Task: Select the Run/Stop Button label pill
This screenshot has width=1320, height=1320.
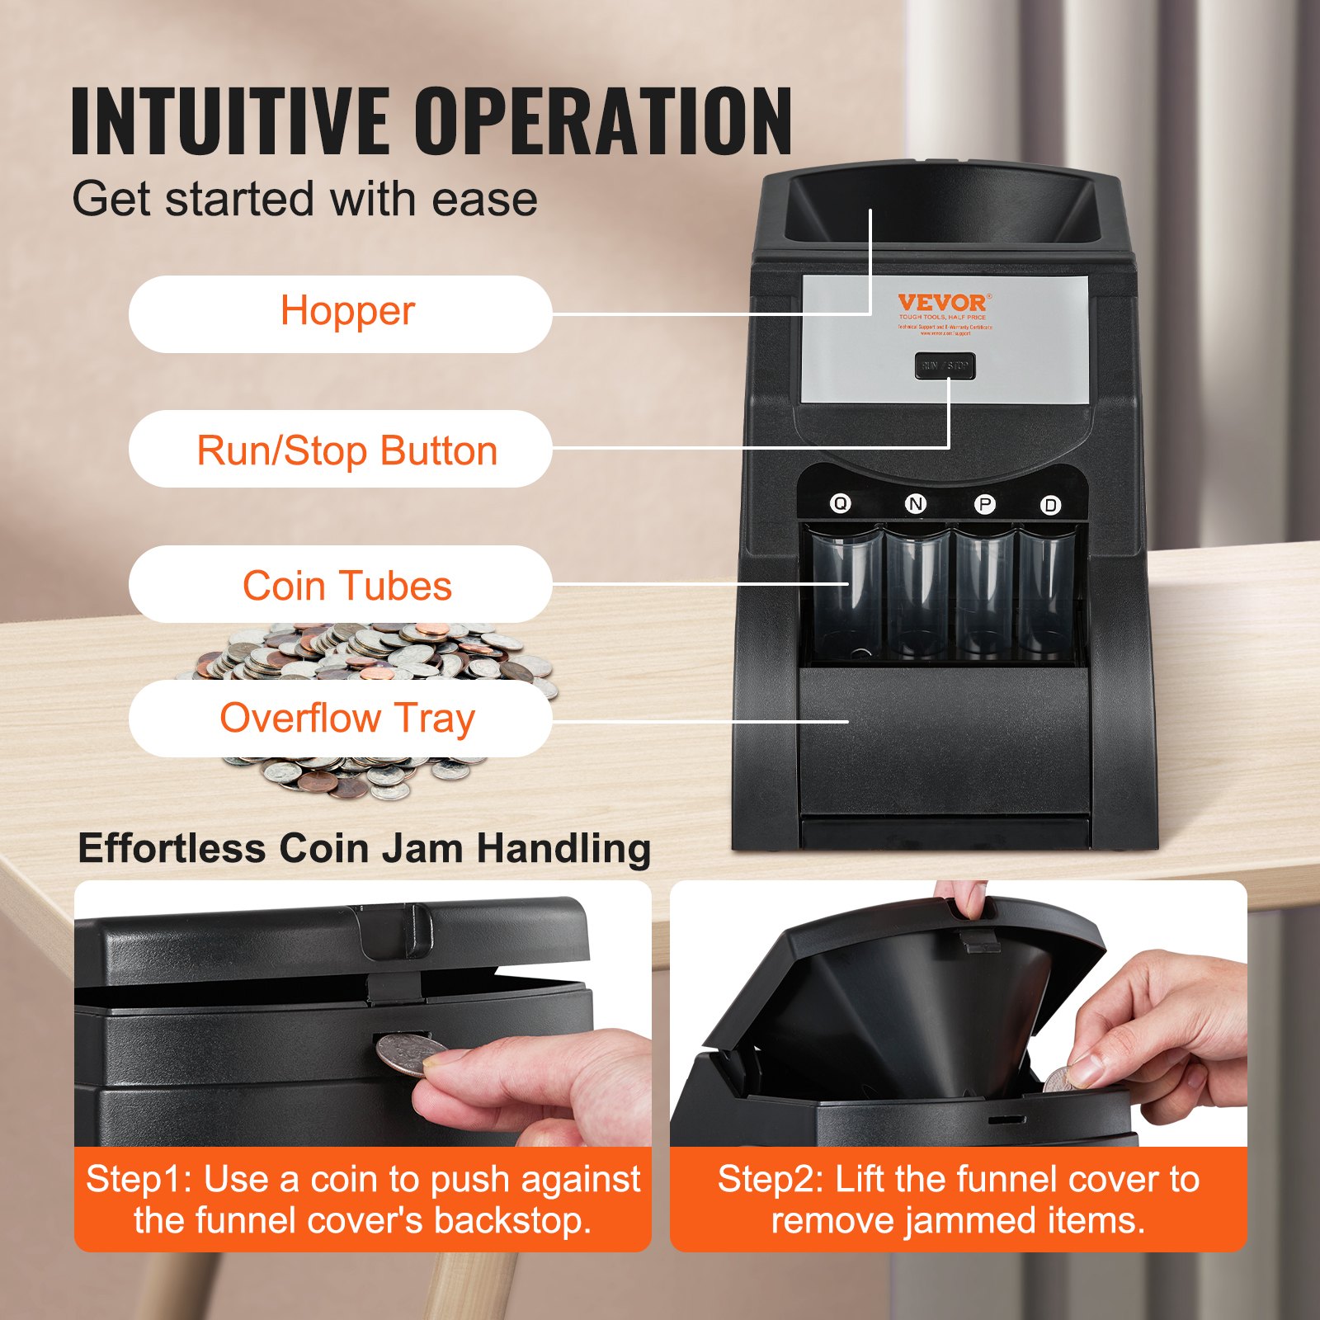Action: [340, 450]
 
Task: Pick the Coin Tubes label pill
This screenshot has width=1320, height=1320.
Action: [340, 585]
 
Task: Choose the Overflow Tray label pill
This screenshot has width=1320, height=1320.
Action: [340, 718]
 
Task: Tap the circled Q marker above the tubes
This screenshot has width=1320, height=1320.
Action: [840, 502]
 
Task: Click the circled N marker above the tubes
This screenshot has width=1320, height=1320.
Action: [915, 503]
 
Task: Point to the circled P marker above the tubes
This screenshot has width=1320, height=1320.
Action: [984, 504]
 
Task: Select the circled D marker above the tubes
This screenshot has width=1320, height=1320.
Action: [1050, 505]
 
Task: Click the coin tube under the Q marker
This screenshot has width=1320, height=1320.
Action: [846, 594]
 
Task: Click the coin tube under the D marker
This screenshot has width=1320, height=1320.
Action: [1046, 594]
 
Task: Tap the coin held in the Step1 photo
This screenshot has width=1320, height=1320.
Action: [410, 1055]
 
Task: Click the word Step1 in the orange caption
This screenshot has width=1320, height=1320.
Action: [138, 1179]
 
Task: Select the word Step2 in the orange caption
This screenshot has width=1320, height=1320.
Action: [769, 1179]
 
